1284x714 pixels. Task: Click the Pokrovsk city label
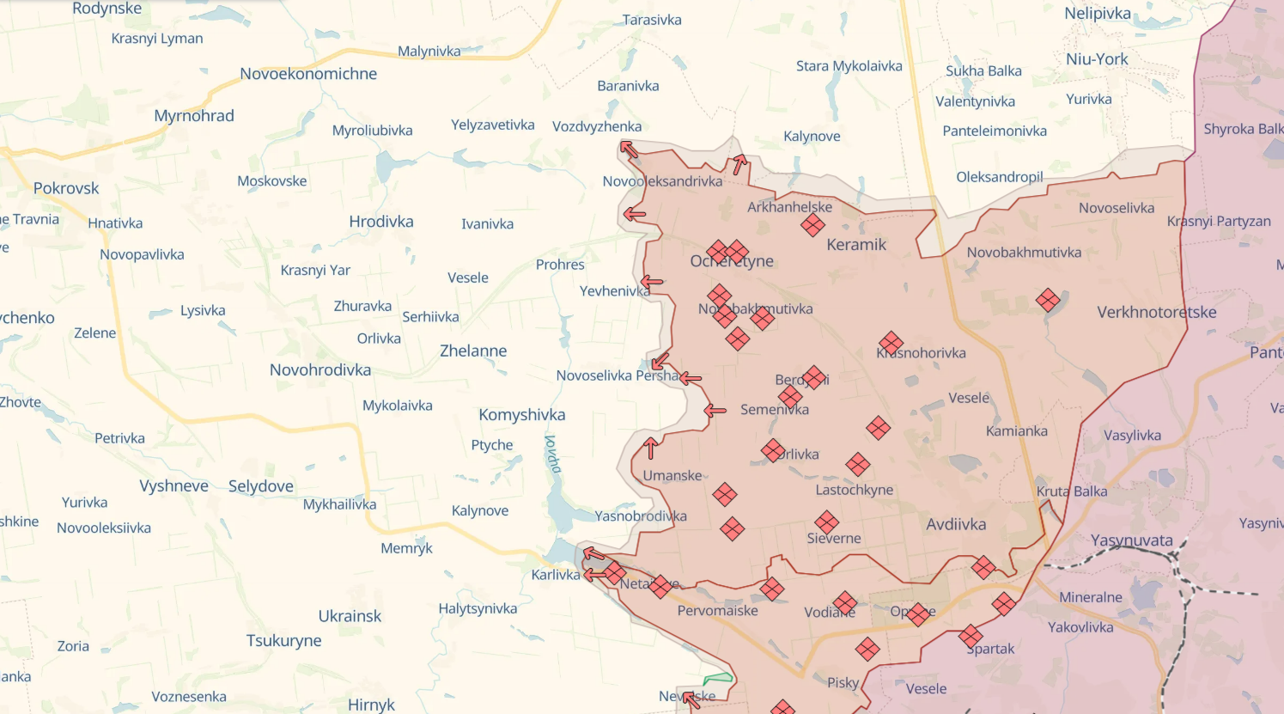66,188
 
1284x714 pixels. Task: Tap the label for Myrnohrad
194,116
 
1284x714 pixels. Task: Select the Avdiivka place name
956,524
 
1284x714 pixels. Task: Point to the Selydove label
261,486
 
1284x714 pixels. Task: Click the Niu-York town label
1097,59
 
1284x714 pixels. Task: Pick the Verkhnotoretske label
1156,312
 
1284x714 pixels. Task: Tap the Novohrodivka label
320,370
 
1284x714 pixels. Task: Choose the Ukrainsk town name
350,616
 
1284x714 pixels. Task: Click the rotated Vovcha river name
553,454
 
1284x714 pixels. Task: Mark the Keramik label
856,245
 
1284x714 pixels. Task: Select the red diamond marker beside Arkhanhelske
812,225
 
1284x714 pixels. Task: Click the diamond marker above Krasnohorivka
891,343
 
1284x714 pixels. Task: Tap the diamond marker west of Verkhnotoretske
1048,300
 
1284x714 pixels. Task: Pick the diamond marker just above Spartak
971,636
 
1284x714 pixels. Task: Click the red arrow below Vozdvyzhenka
630,150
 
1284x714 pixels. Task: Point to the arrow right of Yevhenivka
653,281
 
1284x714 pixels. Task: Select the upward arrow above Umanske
651,448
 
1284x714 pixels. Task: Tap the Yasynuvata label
1131,540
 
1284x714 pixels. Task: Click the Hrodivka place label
381,222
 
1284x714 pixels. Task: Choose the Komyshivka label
522,415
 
